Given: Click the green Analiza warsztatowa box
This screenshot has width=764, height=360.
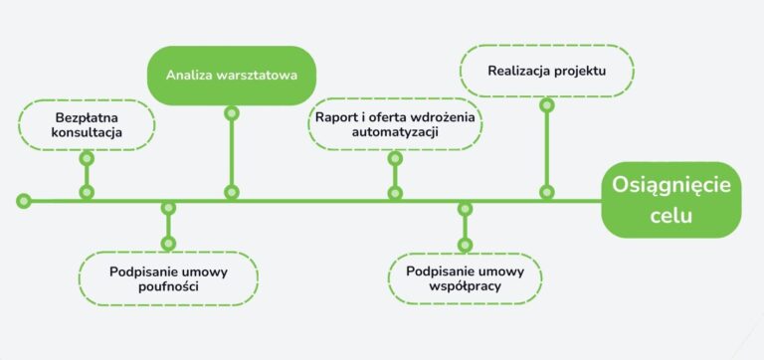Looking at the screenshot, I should [231, 75].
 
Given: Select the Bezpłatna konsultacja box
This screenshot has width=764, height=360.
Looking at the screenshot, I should [87, 124].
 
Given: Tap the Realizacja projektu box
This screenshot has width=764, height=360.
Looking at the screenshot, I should [546, 72].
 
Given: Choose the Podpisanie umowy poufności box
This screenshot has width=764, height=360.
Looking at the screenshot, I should [168, 277].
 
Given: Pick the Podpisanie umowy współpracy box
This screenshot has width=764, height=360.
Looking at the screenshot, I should [464, 277].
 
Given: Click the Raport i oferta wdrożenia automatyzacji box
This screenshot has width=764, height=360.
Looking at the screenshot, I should [395, 124].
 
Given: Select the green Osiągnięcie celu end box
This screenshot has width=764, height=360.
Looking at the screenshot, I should [671, 200].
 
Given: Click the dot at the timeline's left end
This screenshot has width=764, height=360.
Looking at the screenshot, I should [23, 201].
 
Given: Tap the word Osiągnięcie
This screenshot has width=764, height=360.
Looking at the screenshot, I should [671, 186].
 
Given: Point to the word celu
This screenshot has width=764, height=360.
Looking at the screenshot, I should [671, 216].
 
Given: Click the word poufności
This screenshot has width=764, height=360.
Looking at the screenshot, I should [168, 286].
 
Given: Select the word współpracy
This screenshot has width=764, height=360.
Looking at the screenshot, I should [464, 286].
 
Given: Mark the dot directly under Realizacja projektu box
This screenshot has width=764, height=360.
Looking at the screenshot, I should [545, 104].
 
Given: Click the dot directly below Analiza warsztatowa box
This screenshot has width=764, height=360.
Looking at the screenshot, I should [232, 113].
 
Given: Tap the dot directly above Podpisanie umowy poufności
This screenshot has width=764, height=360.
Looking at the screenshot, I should [168, 244].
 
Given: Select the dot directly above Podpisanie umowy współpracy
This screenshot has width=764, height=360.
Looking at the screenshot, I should [464, 244].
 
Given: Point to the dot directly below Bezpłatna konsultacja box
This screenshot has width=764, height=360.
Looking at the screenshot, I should [87, 158].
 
